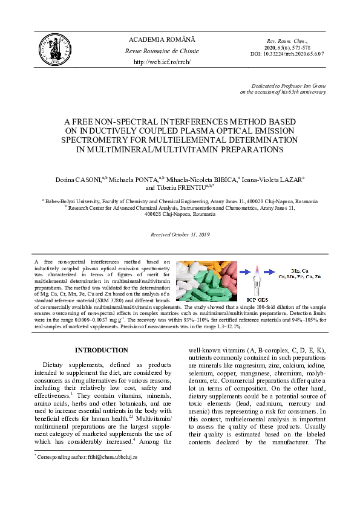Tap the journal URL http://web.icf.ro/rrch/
161,62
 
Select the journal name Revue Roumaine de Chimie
161,51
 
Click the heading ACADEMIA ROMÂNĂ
161,39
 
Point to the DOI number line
287,53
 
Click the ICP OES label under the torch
257,299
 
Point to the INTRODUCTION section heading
101,350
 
